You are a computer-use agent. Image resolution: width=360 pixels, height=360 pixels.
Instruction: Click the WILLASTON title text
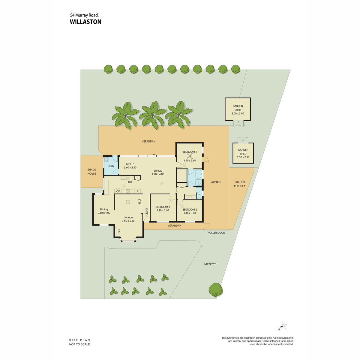(85, 22)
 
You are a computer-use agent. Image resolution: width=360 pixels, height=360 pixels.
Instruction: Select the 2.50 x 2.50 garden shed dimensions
(243, 157)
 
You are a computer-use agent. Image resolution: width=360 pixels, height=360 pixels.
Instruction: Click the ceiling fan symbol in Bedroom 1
(189, 156)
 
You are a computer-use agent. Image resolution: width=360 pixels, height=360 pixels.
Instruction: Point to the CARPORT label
(215, 182)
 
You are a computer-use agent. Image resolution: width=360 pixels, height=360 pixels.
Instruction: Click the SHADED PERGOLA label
(239, 184)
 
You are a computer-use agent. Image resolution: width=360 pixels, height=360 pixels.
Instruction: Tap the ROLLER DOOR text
(216, 232)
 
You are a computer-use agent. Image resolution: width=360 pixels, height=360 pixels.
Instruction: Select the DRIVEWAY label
(210, 264)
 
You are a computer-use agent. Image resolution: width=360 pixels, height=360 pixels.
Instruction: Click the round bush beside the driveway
(216, 290)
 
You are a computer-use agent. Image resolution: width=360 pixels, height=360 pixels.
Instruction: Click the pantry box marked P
(137, 178)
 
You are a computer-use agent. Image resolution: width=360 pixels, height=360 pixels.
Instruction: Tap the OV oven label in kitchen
(118, 191)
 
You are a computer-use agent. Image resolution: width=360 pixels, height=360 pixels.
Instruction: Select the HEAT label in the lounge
(119, 230)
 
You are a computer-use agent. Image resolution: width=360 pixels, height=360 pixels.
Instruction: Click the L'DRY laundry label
(111, 166)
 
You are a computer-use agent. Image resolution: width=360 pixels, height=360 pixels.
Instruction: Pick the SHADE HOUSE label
(91, 172)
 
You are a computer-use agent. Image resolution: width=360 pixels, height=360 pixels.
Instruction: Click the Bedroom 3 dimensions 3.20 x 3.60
(163, 210)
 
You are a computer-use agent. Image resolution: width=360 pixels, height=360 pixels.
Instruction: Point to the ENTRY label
(146, 212)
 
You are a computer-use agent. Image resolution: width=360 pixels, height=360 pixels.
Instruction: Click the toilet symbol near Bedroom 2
(199, 196)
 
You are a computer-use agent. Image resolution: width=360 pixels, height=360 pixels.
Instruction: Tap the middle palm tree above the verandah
(152, 115)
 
